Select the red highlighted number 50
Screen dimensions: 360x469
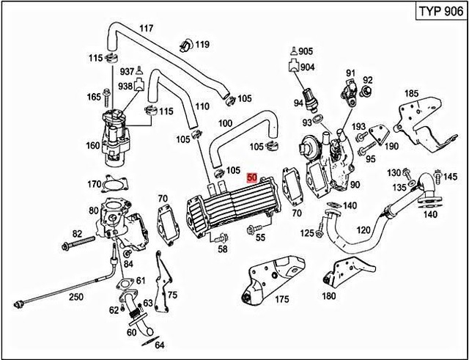(252, 177)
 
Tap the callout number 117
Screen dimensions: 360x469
(146, 29)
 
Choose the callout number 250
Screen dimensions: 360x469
(76, 298)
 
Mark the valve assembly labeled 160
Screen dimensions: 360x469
(114, 132)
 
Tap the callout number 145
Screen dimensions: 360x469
(449, 176)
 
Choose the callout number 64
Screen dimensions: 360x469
(160, 344)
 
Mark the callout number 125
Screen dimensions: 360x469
(306, 232)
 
